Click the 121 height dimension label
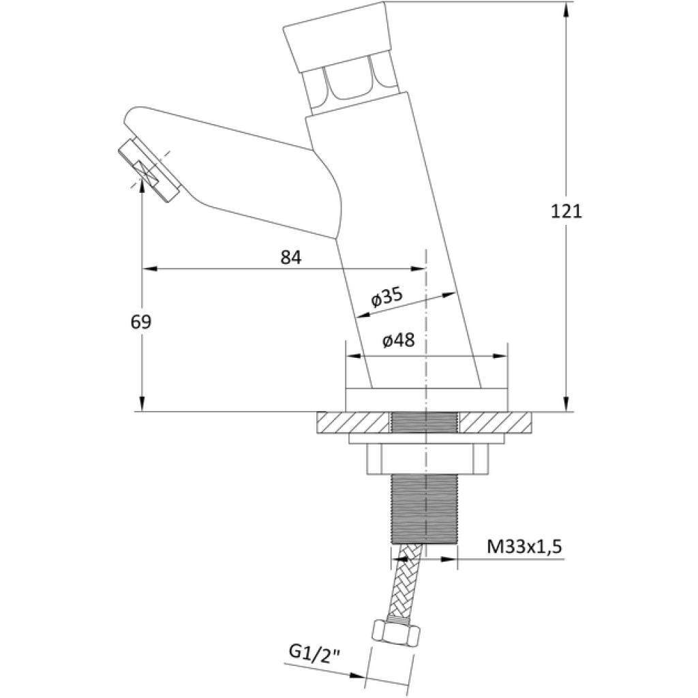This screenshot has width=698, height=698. (566, 211)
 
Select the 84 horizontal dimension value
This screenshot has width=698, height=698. (290, 257)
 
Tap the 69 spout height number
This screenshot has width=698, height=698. (141, 322)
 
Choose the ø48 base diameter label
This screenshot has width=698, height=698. (398, 341)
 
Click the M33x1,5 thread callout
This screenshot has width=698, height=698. (524, 546)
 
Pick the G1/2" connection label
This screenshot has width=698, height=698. (315, 652)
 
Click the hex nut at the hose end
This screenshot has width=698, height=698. (395, 632)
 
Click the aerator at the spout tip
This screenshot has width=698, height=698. (149, 171)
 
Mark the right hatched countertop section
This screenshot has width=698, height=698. (496, 423)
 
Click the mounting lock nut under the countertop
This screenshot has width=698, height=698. (427, 459)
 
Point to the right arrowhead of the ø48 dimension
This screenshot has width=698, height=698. (499, 356)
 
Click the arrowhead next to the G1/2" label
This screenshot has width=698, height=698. (357, 676)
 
